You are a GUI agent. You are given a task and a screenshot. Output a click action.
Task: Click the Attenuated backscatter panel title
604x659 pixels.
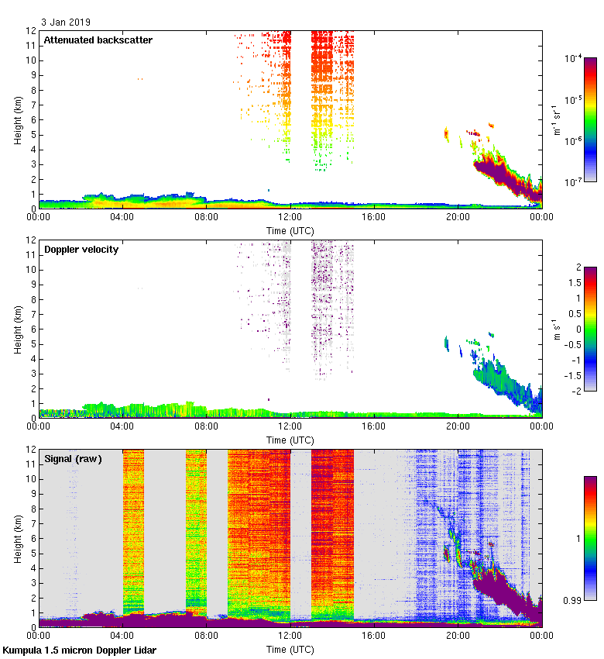(x=98, y=40)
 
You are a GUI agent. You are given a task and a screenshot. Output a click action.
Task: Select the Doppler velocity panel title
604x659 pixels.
(x=81, y=250)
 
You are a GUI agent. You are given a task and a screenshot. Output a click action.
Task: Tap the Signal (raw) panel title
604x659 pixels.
(x=73, y=459)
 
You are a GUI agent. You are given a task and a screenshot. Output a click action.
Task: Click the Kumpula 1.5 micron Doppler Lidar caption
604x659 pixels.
(x=79, y=650)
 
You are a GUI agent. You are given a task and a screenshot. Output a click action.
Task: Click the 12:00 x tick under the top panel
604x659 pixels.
(x=290, y=218)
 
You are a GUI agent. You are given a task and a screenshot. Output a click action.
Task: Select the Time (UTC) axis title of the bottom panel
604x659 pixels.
(x=290, y=648)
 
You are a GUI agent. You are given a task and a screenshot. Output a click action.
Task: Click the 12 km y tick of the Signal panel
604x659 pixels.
(x=29, y=450)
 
